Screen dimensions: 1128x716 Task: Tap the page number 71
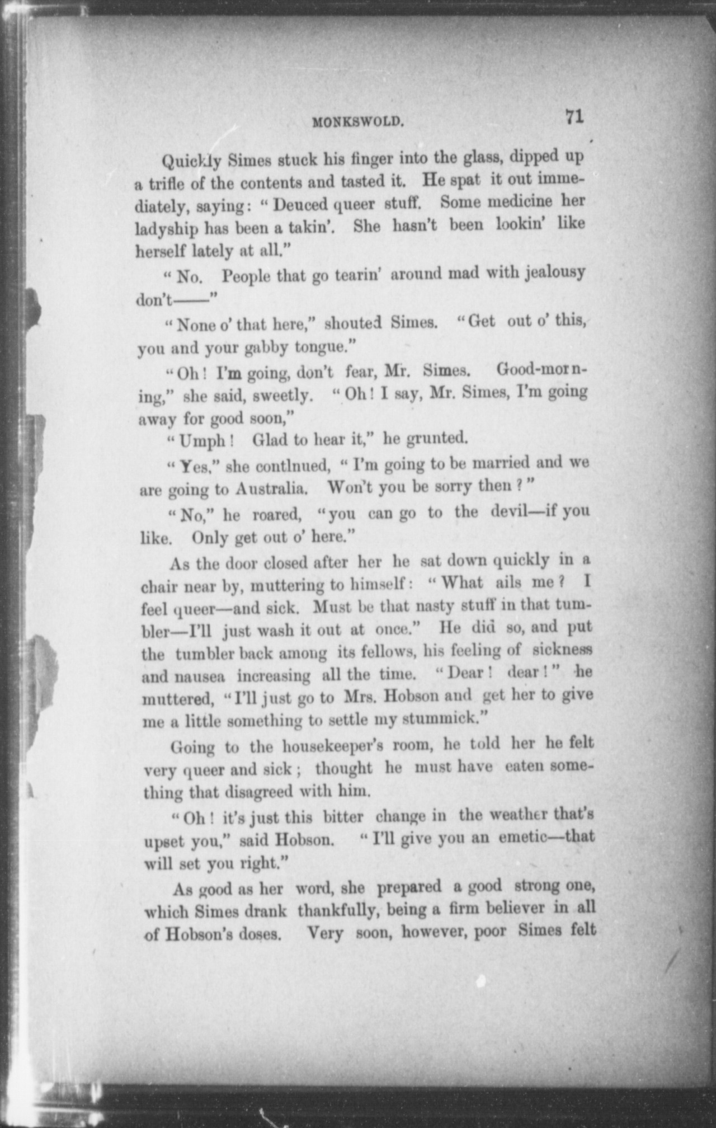pyautogui.click(x=574, y=117)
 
